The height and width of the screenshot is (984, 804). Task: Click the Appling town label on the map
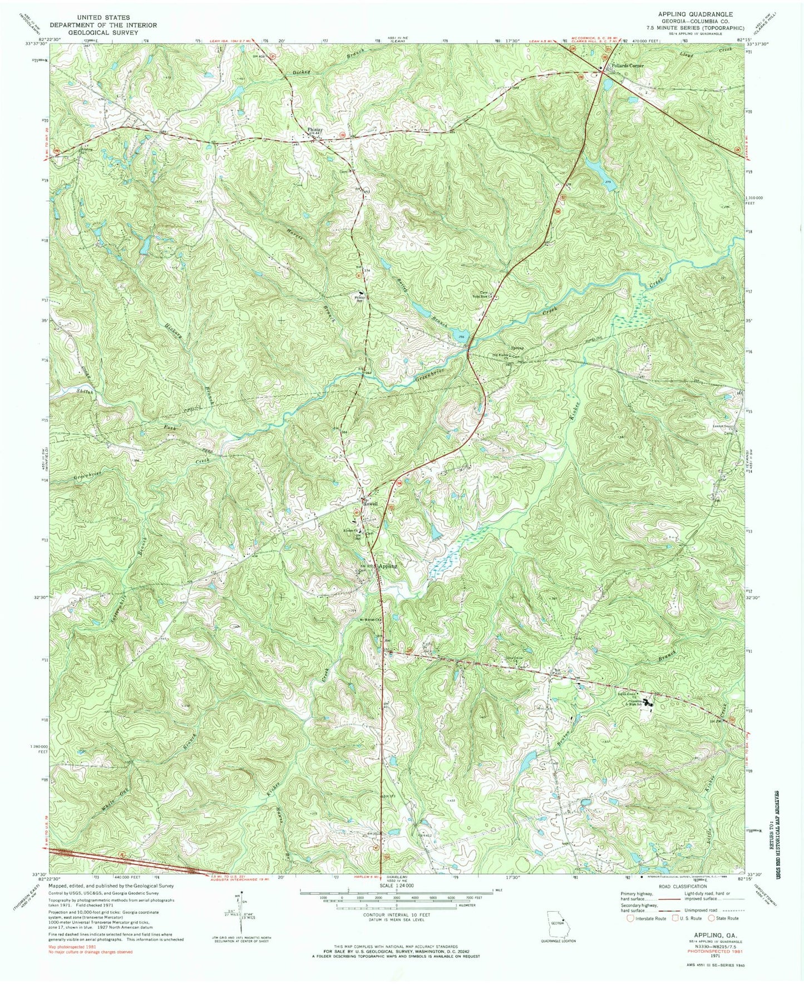point(388,565)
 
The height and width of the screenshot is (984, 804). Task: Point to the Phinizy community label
point(315,129)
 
